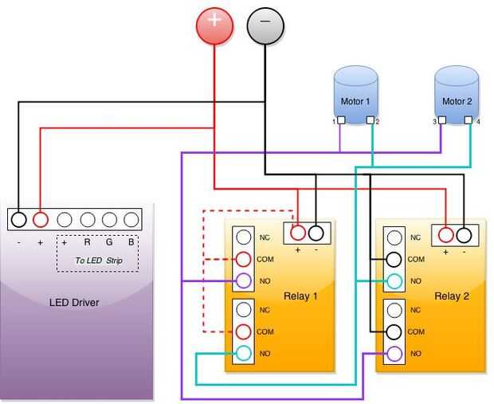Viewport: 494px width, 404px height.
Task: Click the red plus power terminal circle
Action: click(215, 25)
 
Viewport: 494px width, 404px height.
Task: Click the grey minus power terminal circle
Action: click(265, 25)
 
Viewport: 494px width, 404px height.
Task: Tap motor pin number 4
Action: click(469, 121)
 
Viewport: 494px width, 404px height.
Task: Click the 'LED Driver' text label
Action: click(74, 303)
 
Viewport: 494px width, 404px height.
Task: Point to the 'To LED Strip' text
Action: click(99, 261)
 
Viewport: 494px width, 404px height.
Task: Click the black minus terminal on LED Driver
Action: click(19, 220)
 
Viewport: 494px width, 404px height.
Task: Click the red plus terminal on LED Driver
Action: click(41, 220)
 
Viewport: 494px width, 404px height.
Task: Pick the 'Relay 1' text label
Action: click(300, 296)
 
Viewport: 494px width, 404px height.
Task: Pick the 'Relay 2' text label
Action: click(452, 296)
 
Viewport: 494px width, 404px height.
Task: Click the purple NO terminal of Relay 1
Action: click(243, 280)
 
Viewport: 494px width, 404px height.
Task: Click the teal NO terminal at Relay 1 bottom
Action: click(243, 353)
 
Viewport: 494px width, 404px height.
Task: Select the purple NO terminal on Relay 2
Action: click(394, 353)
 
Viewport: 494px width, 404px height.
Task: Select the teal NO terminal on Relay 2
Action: click(394, 280)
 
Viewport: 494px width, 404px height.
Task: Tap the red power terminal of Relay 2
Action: click(445, 234)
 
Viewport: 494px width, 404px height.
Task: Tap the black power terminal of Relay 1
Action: click(316, 233)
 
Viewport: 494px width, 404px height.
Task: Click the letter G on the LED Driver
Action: click(109, 241)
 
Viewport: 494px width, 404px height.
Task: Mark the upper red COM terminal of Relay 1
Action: click(243, 259)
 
